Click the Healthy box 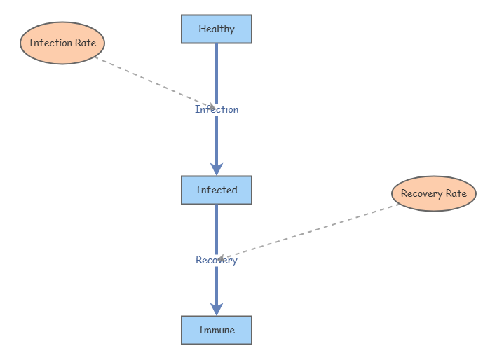tap(217, 29)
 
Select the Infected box tap(217, 190)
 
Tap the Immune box tap(217, 330)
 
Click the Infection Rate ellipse tap(62, 43)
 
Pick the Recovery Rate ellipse tap(434, 193)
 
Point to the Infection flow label tap(217, 109)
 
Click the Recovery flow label tap(217, 260)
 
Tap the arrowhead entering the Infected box tap(217, 169)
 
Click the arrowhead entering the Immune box tap(217, 309)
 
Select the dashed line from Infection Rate tap(156, 83)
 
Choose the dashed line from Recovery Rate tap(308, 232)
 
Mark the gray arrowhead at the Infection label tap(212, 107)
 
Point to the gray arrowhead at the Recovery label tap(221, 258)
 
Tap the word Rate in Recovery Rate tap(456, 193)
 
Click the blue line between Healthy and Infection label tap(217, 74)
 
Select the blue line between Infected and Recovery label tap(217, 230)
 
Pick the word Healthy tap(217, 29)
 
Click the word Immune tap(217, 330)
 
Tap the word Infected tap(217, 190)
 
